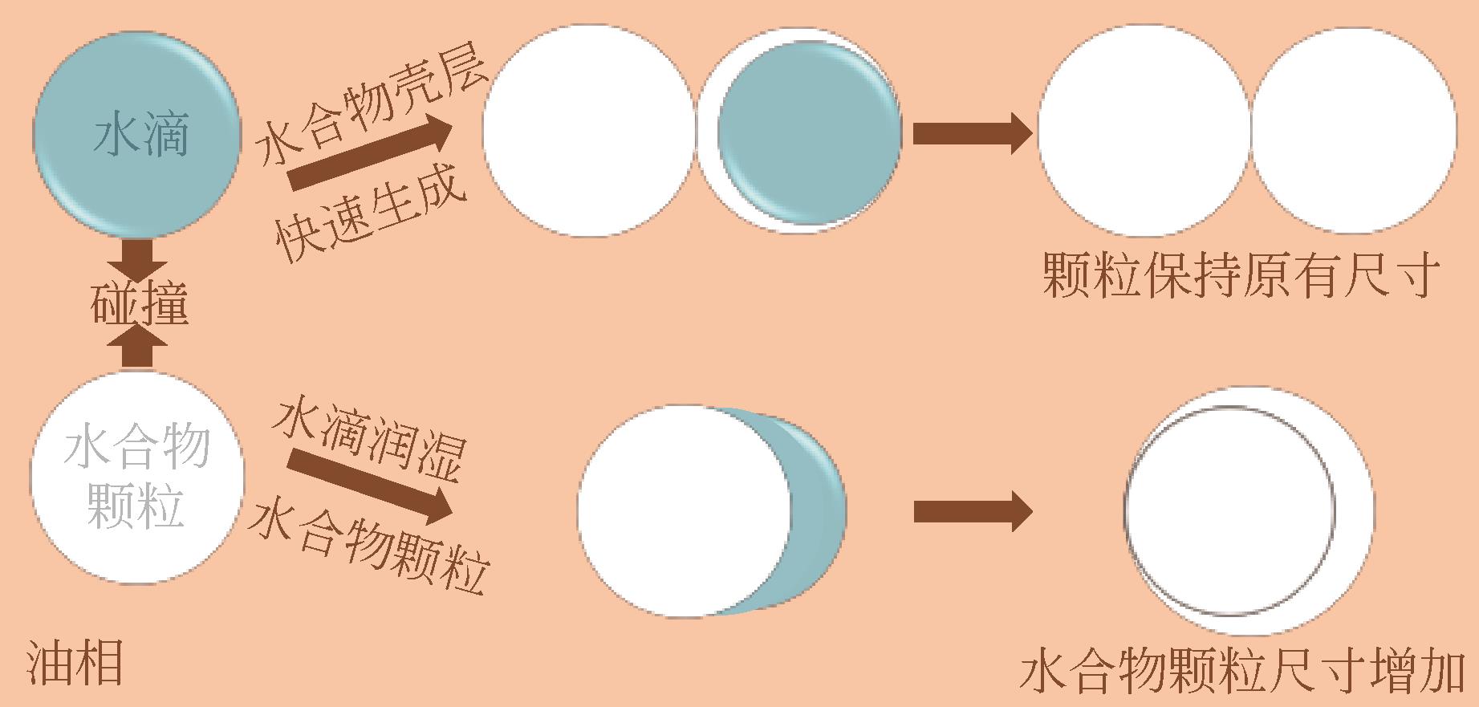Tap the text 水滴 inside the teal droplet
click(x=141, y=134)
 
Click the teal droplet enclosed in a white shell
click(x=809, y=132)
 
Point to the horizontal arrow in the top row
click(x=971, y=133)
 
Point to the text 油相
click(x=76, y=663)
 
